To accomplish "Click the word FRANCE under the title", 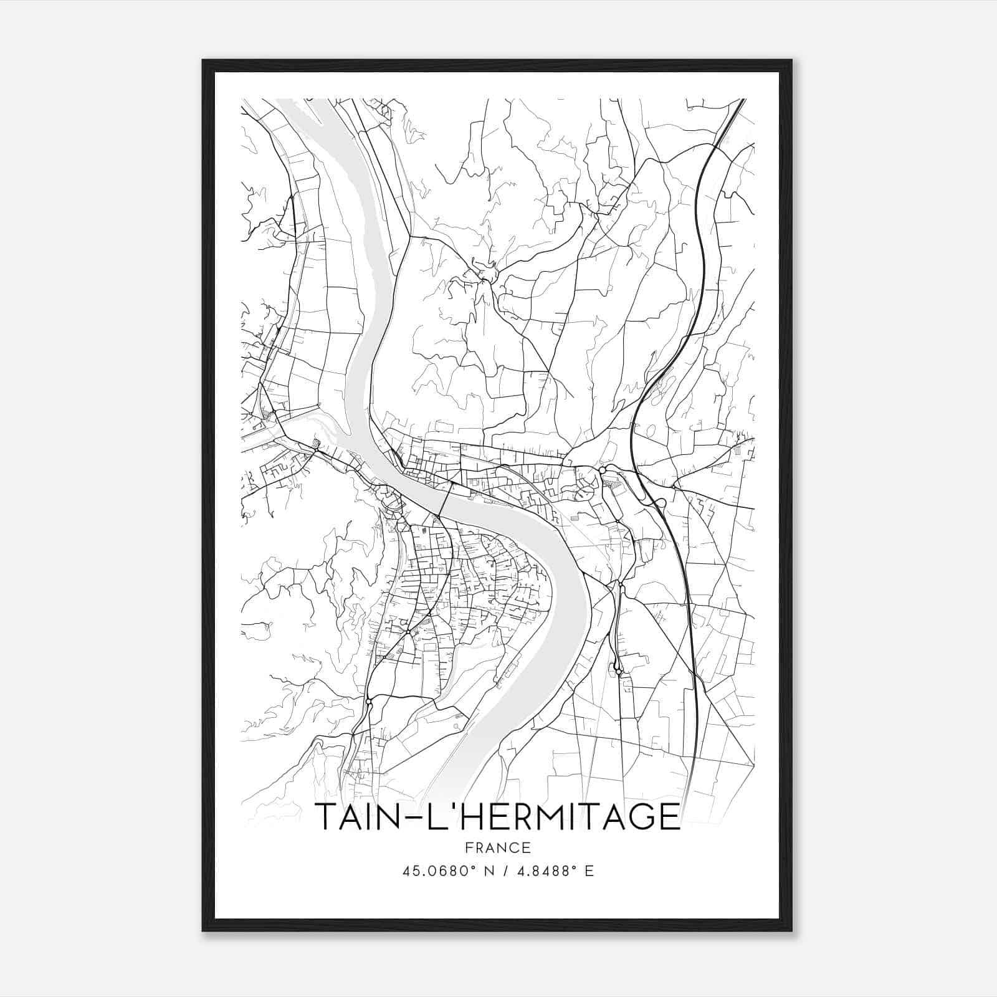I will pyautogui.click(x=497, y=847).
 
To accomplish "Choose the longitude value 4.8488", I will pyautogui.click(x=545, y=871).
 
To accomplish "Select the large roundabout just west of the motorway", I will pyautogui.click(x=603, y=469).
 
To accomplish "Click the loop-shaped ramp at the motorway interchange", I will pyautogui.click(x=661, y=502).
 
